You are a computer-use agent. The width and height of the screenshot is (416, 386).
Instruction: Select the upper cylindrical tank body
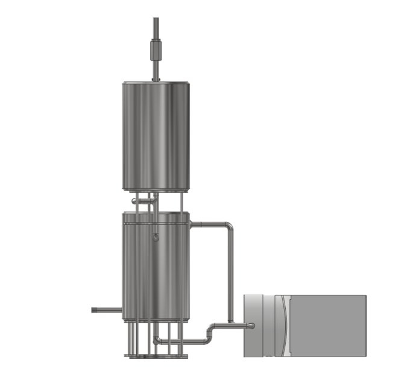(156, 136)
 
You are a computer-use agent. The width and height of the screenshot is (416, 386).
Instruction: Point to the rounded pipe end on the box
(250, 326)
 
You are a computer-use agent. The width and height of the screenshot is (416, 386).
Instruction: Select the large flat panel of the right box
(328, 326)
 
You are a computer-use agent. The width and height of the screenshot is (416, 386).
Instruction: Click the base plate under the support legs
(156, 356)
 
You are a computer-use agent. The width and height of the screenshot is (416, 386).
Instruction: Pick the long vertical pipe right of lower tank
(231, 274)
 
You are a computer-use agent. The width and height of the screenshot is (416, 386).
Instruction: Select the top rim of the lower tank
(156, 214)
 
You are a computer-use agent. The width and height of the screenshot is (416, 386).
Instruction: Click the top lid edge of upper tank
(156, 83)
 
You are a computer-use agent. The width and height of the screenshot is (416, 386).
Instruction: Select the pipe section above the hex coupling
(156, 27)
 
